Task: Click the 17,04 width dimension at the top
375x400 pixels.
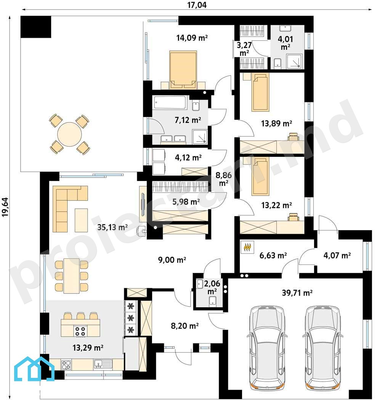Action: click(197, 5)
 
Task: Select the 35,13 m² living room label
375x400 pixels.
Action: click(112, 227)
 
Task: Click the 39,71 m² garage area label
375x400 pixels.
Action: click(297, 293)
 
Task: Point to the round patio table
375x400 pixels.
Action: click(69, 134)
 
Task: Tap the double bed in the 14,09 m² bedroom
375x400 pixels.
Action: click(183, 69)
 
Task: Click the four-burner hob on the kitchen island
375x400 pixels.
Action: click(80, 331)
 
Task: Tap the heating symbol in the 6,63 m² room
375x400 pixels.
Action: click(247, 247)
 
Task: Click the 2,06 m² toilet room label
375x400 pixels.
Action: click(212, 287)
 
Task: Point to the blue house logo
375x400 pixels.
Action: click(34, 369)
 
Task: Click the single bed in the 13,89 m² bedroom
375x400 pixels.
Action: click(260, 92)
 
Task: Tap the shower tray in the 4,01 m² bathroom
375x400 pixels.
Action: click(295, 62)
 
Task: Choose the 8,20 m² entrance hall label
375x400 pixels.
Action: click(185, 326)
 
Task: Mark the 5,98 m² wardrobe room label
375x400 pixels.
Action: click(186, 202)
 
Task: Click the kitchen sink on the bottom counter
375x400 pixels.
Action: click(103, 364)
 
